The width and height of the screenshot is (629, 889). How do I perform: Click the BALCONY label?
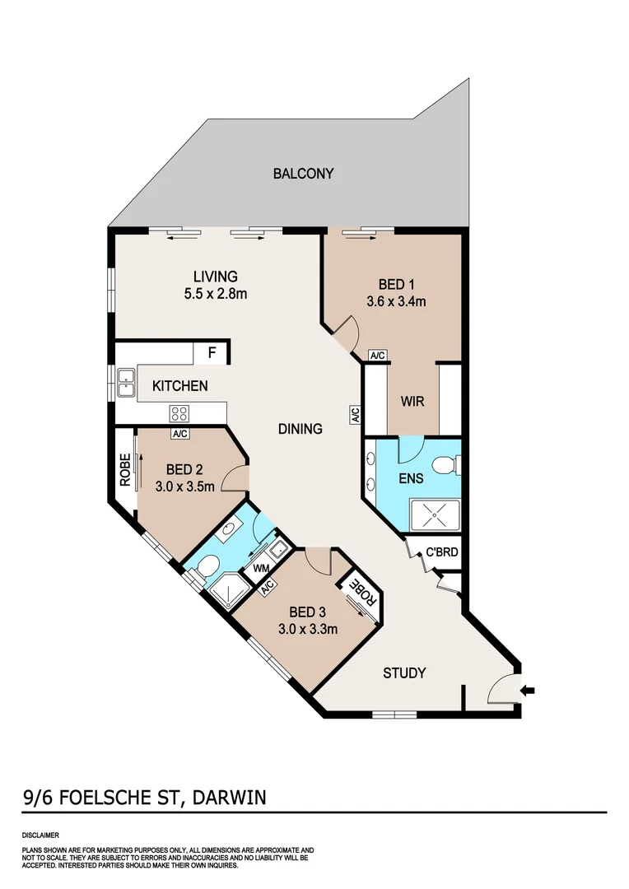[303, 174]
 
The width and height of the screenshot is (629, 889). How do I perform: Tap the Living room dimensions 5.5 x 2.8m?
[215, 293]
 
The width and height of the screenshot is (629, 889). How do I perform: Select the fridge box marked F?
[212, 354]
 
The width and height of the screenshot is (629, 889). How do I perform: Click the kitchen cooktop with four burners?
[179, 413]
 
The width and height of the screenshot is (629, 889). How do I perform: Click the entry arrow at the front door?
[528, 690]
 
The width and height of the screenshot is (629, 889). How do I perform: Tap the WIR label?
[412, 403]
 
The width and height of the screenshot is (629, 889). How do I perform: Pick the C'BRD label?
[440, 553]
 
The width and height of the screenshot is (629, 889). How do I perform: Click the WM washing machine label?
[260, 569]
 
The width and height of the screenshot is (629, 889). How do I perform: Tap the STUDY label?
[404, 673]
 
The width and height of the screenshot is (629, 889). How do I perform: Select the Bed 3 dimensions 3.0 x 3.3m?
[309, 630]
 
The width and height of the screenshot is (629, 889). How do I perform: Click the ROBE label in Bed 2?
[125, 471]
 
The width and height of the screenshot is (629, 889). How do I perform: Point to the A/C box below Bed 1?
[378, 356]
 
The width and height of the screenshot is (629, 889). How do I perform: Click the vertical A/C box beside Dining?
[355, 415]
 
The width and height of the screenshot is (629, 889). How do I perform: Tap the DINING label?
[299, 429]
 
